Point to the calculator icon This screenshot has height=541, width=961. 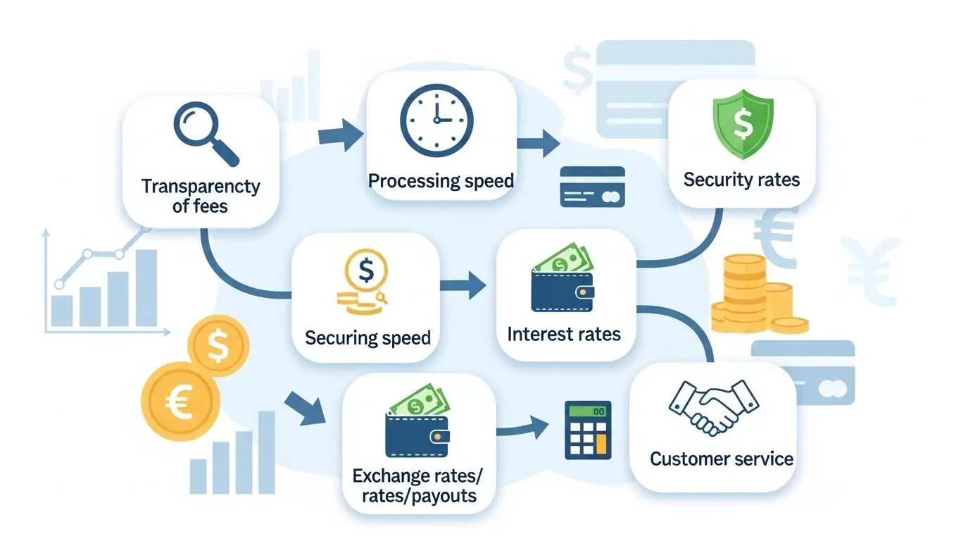[x=589, y=430]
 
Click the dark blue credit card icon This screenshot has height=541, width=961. [x=592, y=187]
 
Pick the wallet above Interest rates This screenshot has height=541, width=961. [x=563, y=283]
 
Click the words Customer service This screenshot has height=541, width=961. [x=721, y=459]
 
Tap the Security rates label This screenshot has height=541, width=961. [x=741, y=180]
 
